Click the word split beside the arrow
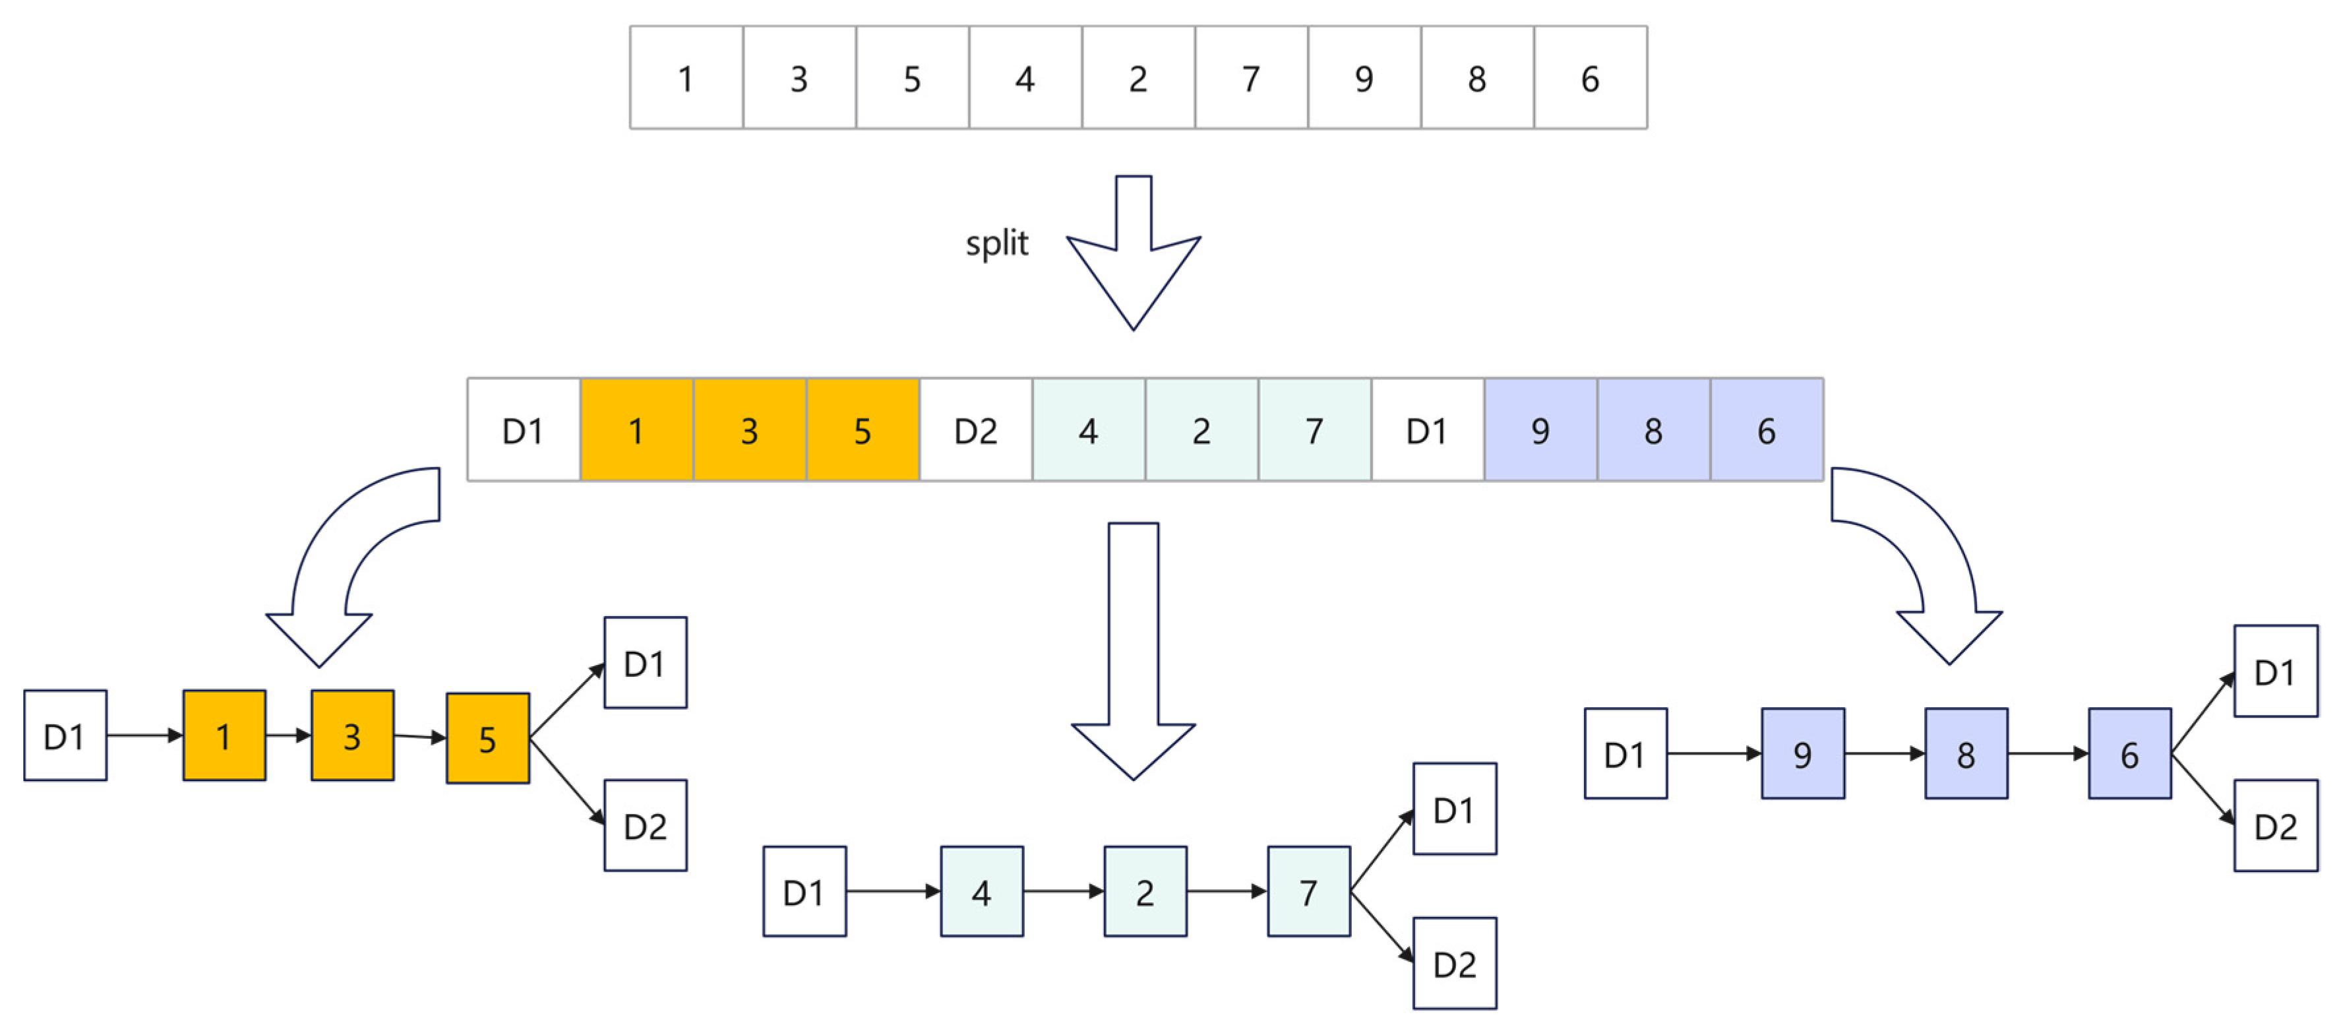(x=996, y=243)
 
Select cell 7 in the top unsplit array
(x=1250, y=78)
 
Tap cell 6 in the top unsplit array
(x=1589, y=78)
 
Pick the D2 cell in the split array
(x=975, y=430)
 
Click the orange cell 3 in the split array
(x=748, y=430)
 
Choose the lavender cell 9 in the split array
(x=1540, y=430)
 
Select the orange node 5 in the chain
(x=487, y=739)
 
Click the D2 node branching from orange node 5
(x=645, y=825)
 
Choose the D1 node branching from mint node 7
(x=1453, y=809)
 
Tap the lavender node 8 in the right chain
(x=1965, y=753)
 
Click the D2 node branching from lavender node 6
(x=2274, y=825)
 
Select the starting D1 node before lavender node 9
(x=1624, y=753)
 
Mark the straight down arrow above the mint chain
(x=1133, y=654)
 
